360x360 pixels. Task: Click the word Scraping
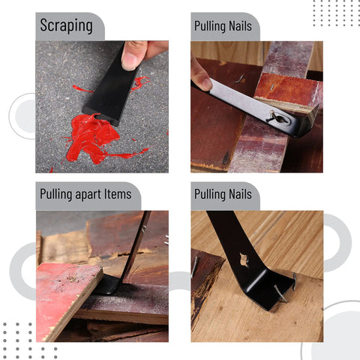pyautogui.click(x=66, y=25)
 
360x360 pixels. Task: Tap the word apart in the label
pyautogui.click(x=88, y=194)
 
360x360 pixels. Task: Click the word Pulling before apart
pyautogui.click(x=56, y=194)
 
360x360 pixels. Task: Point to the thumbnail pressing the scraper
pyautogui.click(x=130, y=60)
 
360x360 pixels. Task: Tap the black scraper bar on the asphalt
pyautogui.click(x=110, y=88)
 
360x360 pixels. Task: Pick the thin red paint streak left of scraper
pyautogui.click(x=82, y=89)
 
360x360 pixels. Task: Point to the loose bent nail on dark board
pyautogui.click(x=239, y=79)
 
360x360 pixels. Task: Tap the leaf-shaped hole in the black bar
pyautogui.click(x=244, y=260)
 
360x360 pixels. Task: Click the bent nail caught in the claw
pyautogui.click(x=280, y=293)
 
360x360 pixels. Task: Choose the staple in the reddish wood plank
pyautogui.click(x=272, y=87)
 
